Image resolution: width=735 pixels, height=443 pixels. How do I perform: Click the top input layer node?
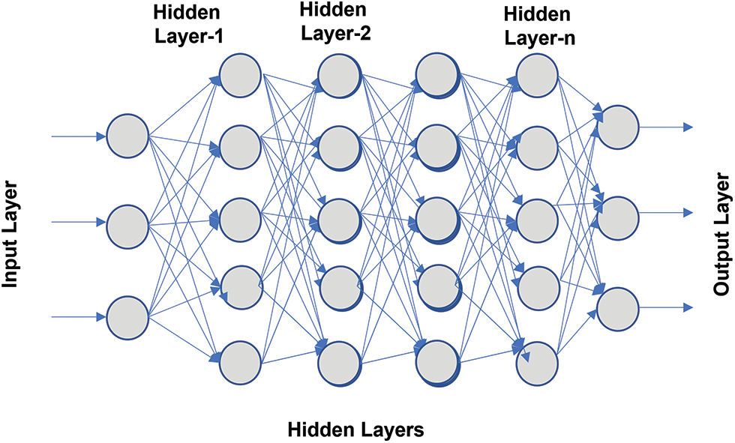[128, 136]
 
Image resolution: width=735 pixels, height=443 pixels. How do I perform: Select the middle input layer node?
[128, 222]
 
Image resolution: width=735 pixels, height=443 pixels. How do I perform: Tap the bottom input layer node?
[128, 316]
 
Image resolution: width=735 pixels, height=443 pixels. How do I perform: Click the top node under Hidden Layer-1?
[240, 73]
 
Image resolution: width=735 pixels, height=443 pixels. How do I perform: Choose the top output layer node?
[619, 126]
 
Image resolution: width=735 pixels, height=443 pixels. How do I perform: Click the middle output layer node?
[619, 216]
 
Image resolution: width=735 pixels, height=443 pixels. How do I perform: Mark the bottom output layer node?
[619, 308]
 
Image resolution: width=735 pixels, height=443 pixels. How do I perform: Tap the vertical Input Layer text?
[10, 223]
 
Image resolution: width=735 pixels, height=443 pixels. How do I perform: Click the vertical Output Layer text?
[721, 223]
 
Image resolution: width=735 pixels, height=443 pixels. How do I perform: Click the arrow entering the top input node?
[78, 137]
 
